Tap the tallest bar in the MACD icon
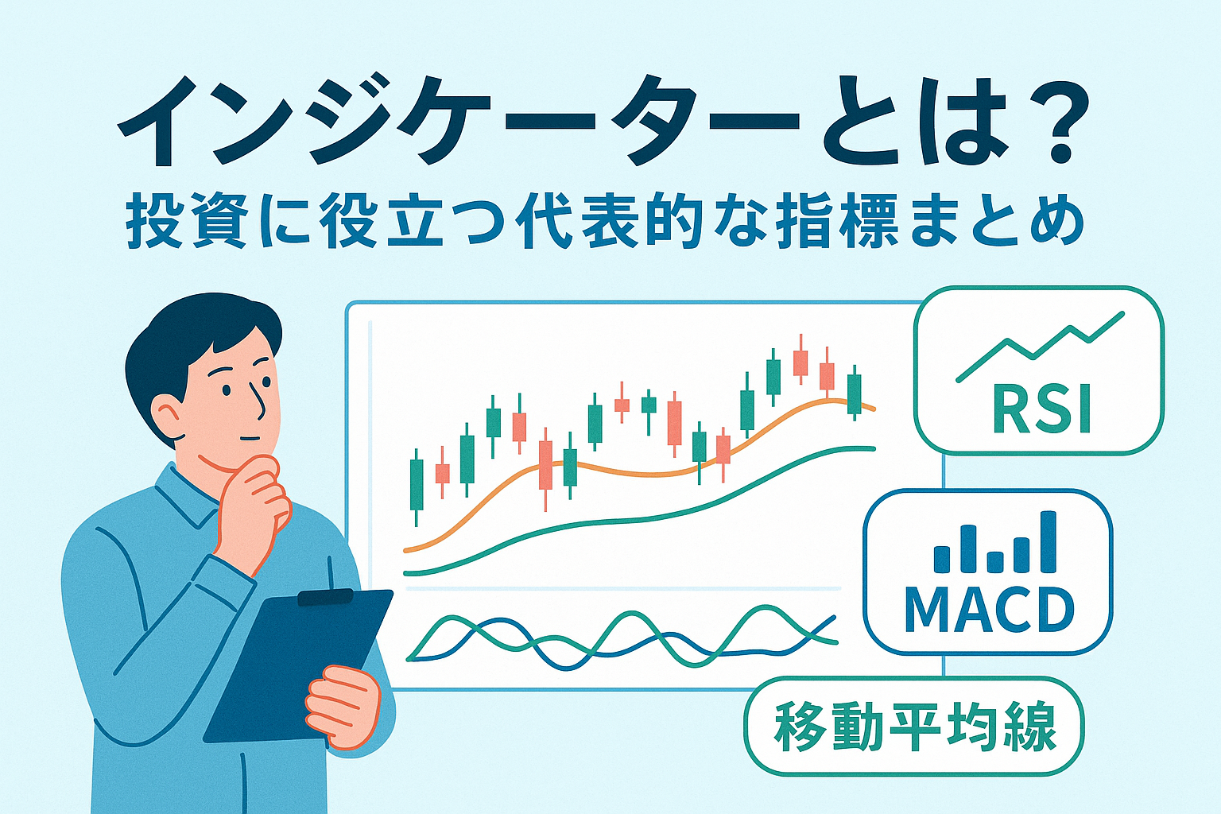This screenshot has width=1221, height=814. click(1049, 541)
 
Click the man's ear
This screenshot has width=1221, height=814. click(168, 418)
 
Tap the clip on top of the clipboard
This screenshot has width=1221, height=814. click(325, 596)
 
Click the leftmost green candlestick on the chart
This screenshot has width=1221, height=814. click(416, 485)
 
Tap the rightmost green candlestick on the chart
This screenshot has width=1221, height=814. click(854, 393)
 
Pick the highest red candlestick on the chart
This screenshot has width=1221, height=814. click(800, 362)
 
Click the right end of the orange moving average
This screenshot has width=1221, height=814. click(874, 409)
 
